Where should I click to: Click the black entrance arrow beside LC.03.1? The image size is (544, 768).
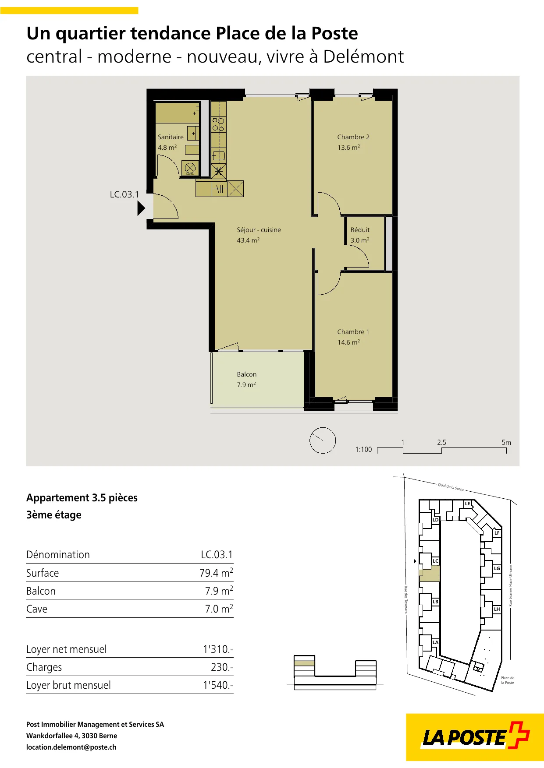(141, 208)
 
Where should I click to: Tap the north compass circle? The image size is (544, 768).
(323, 440)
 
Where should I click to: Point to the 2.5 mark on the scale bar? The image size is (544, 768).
(441, 442)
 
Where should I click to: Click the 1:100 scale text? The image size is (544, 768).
(363, 450)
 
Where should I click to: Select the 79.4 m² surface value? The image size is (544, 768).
(216, 573)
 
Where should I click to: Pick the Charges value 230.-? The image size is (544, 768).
(222, 667)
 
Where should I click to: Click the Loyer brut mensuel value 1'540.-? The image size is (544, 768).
(218, 685)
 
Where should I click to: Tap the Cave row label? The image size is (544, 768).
(37, 609)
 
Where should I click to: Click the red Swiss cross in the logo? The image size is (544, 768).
(519, 735)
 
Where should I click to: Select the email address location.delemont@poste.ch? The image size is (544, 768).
(71, 747)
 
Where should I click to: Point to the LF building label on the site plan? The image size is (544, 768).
(497, 533)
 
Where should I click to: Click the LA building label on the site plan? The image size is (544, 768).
(435, 642)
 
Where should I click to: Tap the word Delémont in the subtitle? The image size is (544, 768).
(363, 57)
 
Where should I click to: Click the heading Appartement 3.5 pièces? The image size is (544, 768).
(82, 498)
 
